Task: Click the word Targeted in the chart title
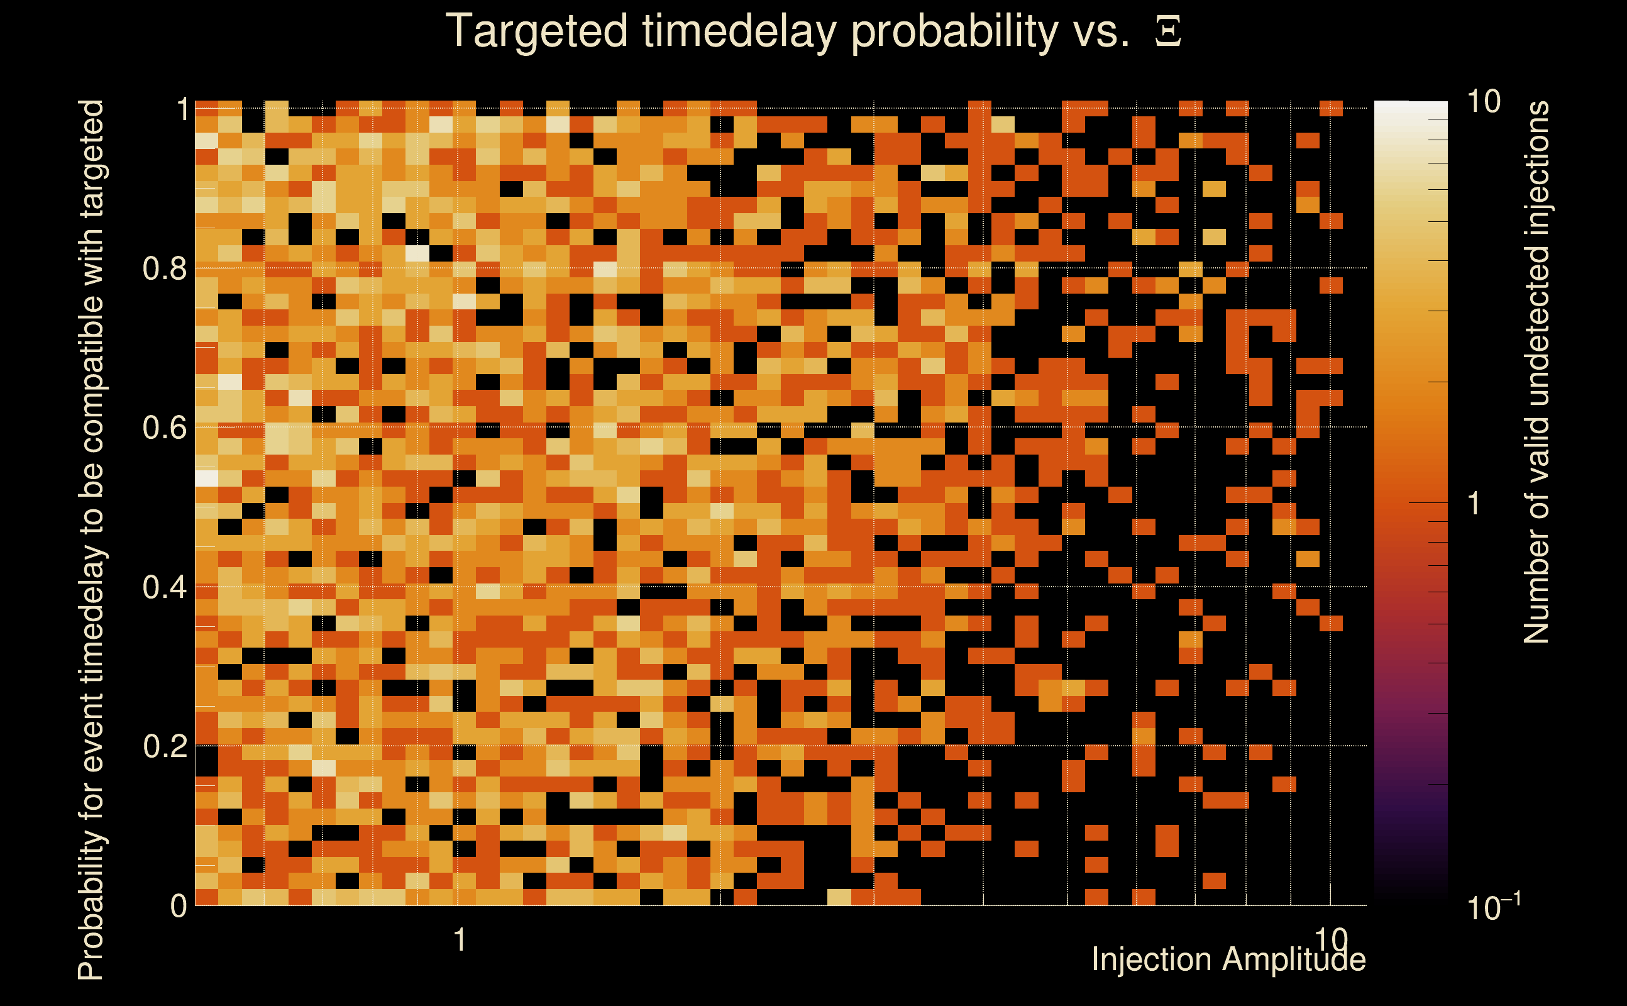coord(537,32)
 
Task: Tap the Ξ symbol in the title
coord(1168,31)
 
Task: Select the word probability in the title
coord(955,32)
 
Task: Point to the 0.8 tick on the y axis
coord(165,269)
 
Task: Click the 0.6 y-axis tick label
coord(165,427)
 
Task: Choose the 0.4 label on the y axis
coord(165,587)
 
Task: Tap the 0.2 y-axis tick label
coord(165,746)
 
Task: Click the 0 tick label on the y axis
coord(179,905)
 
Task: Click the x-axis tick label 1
coord(459,940)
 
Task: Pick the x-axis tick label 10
coord(1331,940)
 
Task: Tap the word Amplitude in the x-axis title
coord(1294,960)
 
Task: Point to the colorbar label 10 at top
coord(1482,102)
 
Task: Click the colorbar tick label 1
coord(1474,504)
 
